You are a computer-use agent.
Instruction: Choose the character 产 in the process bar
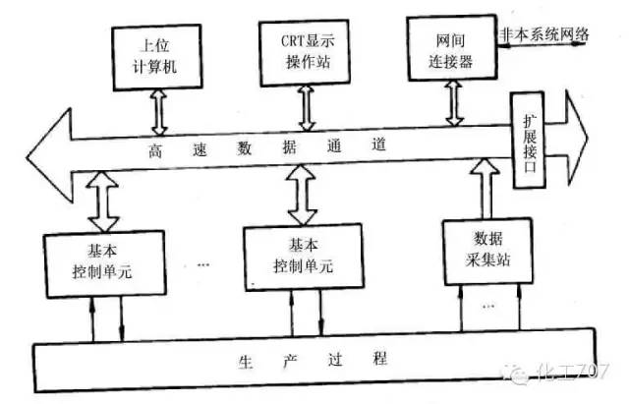tap(284, 358)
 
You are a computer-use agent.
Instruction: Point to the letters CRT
tap(281, 38)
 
